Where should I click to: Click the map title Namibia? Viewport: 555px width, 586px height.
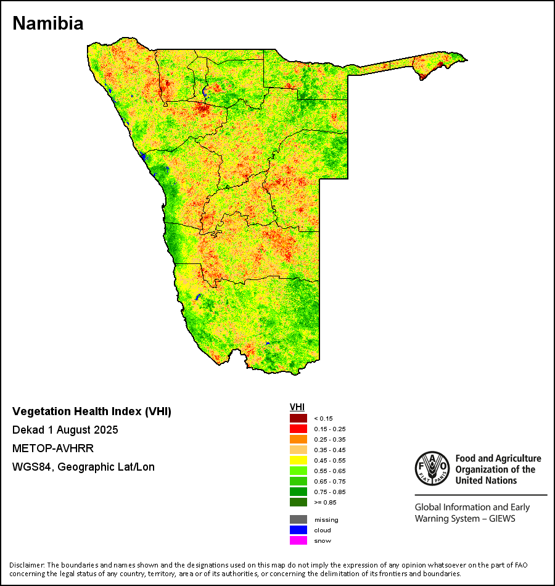[x=48, y=23]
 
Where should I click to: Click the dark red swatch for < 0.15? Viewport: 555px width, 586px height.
[x=298, y=418]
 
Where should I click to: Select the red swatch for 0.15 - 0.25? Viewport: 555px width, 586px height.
[x=298, y=429]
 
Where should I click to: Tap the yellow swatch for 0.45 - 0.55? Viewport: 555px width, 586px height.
[x=298, y=460]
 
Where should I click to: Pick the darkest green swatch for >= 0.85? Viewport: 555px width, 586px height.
[x=298, y=502]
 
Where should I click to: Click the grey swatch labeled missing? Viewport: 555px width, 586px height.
[x=298, y=519]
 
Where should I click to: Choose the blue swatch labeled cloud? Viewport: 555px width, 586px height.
[x=298, y=530]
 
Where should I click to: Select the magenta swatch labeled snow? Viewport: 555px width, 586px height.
[x=298, y=540]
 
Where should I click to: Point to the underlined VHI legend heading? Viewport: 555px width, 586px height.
[x=297, y=407]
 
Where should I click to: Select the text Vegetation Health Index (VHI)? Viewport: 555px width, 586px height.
[x=92, y=411]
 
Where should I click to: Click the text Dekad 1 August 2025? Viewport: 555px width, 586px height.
[x=65, y=430]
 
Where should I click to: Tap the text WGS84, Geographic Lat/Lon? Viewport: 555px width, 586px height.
[x=83, y=467]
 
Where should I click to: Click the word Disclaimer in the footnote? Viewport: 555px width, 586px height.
[x=27, y=565]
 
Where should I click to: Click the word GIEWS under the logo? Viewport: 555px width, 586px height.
[x=501, y=519]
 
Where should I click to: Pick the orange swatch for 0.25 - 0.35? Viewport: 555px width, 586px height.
[x=298, y=439]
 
